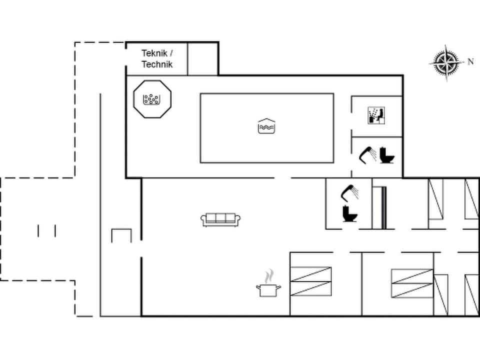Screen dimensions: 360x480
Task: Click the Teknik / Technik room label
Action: [x=156, y=58]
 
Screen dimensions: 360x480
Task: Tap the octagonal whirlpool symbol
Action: [x=152, y=99]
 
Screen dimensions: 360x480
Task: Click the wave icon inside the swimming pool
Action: [x=266, y=126]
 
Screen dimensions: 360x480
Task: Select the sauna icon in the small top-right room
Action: [x=376, y=115]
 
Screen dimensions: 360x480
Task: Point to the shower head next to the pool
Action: [x=368, y=154]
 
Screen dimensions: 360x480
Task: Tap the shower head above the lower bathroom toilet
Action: [x=349, y=192]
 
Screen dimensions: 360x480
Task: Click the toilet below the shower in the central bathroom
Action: [x=349, y=214]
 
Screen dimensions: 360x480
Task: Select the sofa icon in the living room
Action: [x=221, y=219]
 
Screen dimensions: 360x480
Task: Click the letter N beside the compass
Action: [x=470, y=62]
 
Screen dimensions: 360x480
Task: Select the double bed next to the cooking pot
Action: [x=311, y=282]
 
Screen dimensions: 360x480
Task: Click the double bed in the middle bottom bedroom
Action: [x=412, y=283]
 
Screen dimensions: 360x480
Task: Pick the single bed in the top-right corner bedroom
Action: [x=471, y=198]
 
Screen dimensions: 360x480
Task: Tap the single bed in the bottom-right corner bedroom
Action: [x=471, y=295]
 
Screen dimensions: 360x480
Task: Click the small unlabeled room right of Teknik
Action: [x=202, y=58]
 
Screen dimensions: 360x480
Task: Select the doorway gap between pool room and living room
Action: [x=283, y=178]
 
